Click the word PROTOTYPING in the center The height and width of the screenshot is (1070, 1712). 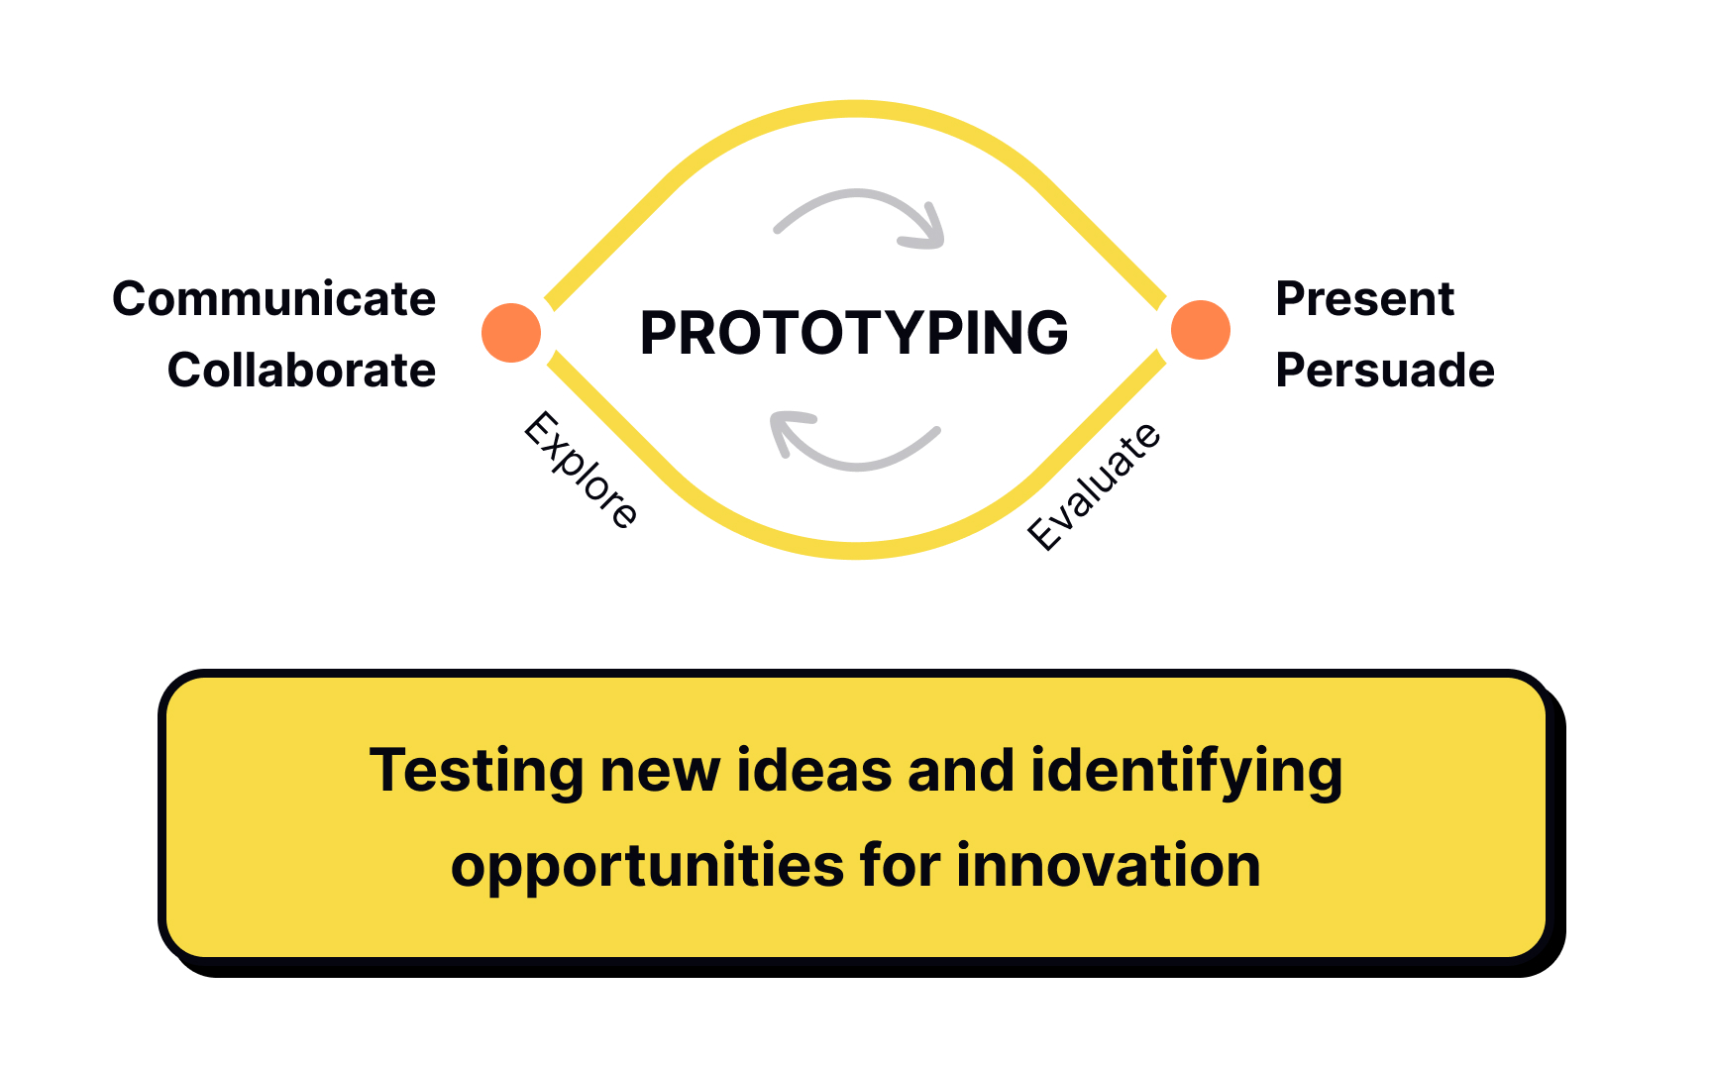tap(854, 333)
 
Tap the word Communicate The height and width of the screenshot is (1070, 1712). tap(273, 299)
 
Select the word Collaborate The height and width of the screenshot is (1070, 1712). tap(301, 371)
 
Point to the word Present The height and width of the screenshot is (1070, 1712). tap(1364, 299)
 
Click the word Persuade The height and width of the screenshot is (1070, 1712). tap(1384, 371)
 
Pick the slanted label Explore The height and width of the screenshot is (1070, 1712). tap(582, 470)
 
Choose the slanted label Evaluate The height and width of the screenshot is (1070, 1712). tap(1094, 485)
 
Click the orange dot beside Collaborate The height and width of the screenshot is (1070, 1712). tap(511, 332)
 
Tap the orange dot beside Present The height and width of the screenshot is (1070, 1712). tap(1200, 330)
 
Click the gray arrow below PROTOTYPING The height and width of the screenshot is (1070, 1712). tap(854, 446)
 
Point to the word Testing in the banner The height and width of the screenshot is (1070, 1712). tap(477, 771)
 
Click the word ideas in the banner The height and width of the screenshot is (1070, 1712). tap(813, 771)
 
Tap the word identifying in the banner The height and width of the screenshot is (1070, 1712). tap(1186, 773)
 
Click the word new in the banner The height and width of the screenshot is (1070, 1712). tap(660, 773)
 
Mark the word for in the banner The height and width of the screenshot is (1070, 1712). tap(900, 866)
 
